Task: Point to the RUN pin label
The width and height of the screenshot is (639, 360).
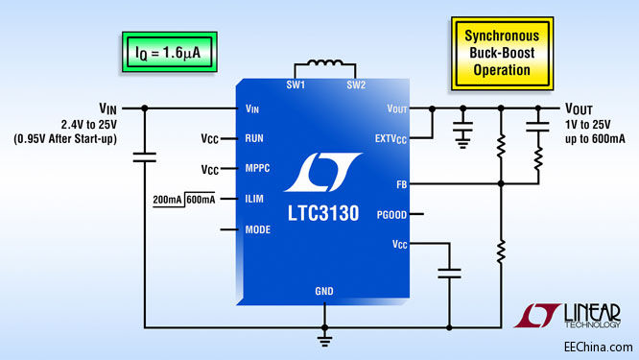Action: click(x=254, y=138)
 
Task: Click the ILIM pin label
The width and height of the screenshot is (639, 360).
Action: click(x=255, y=199)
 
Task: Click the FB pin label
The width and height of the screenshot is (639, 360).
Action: click(x=400, y=183)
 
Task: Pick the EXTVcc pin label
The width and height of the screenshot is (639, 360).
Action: click(x=390, y=139)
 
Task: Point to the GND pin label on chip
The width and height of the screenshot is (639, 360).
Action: click(x=324, y=291)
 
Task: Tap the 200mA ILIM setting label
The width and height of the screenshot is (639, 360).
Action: click(x=168, y=199)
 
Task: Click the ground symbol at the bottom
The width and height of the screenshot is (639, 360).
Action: click(x=324, y=338)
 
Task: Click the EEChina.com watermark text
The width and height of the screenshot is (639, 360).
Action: click(x=598, y=347)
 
